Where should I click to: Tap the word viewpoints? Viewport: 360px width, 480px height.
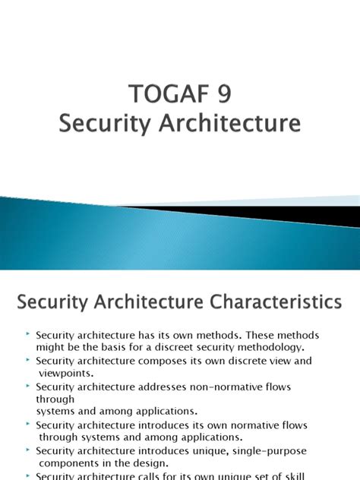(x=66, y=373)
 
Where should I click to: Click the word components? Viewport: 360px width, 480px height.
(x=68, y=463)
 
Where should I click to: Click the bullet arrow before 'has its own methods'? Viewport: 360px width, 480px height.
(x=27, y=334)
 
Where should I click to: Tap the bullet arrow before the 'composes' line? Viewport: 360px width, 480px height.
(x=27, y=360)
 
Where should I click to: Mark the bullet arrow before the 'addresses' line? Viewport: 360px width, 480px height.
(x=27, y=386)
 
